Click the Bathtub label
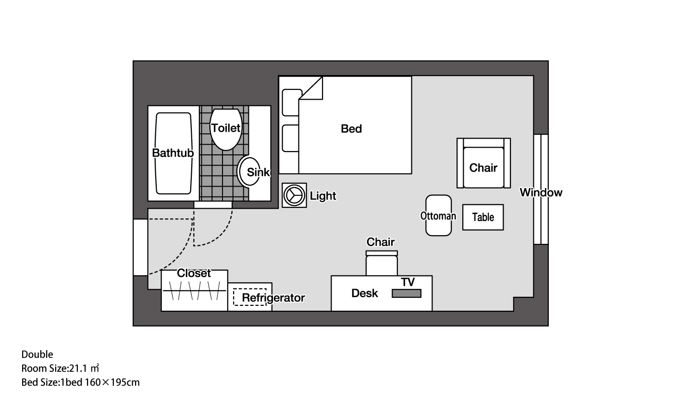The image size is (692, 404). [173, 153]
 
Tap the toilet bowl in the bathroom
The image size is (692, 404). [226, 129]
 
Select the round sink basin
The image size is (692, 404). [249, 172]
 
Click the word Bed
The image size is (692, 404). [351, 128]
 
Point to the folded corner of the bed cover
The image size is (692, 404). [311, 88]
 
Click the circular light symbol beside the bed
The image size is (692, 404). [294, 195]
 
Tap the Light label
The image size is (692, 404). [323, 196]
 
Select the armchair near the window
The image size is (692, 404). [483, 163]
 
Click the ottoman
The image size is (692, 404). [438, 215]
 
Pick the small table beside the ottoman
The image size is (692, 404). [483, 217]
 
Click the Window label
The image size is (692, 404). [541, 192]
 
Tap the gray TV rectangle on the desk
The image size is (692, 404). [407, 293]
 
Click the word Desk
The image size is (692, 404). [365, 293]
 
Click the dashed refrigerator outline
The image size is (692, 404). [250, 297]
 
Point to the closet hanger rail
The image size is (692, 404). [195, 290]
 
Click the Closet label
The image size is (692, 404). [194, 273]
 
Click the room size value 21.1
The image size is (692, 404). [78, 368]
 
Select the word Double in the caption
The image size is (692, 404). [37, 354]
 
